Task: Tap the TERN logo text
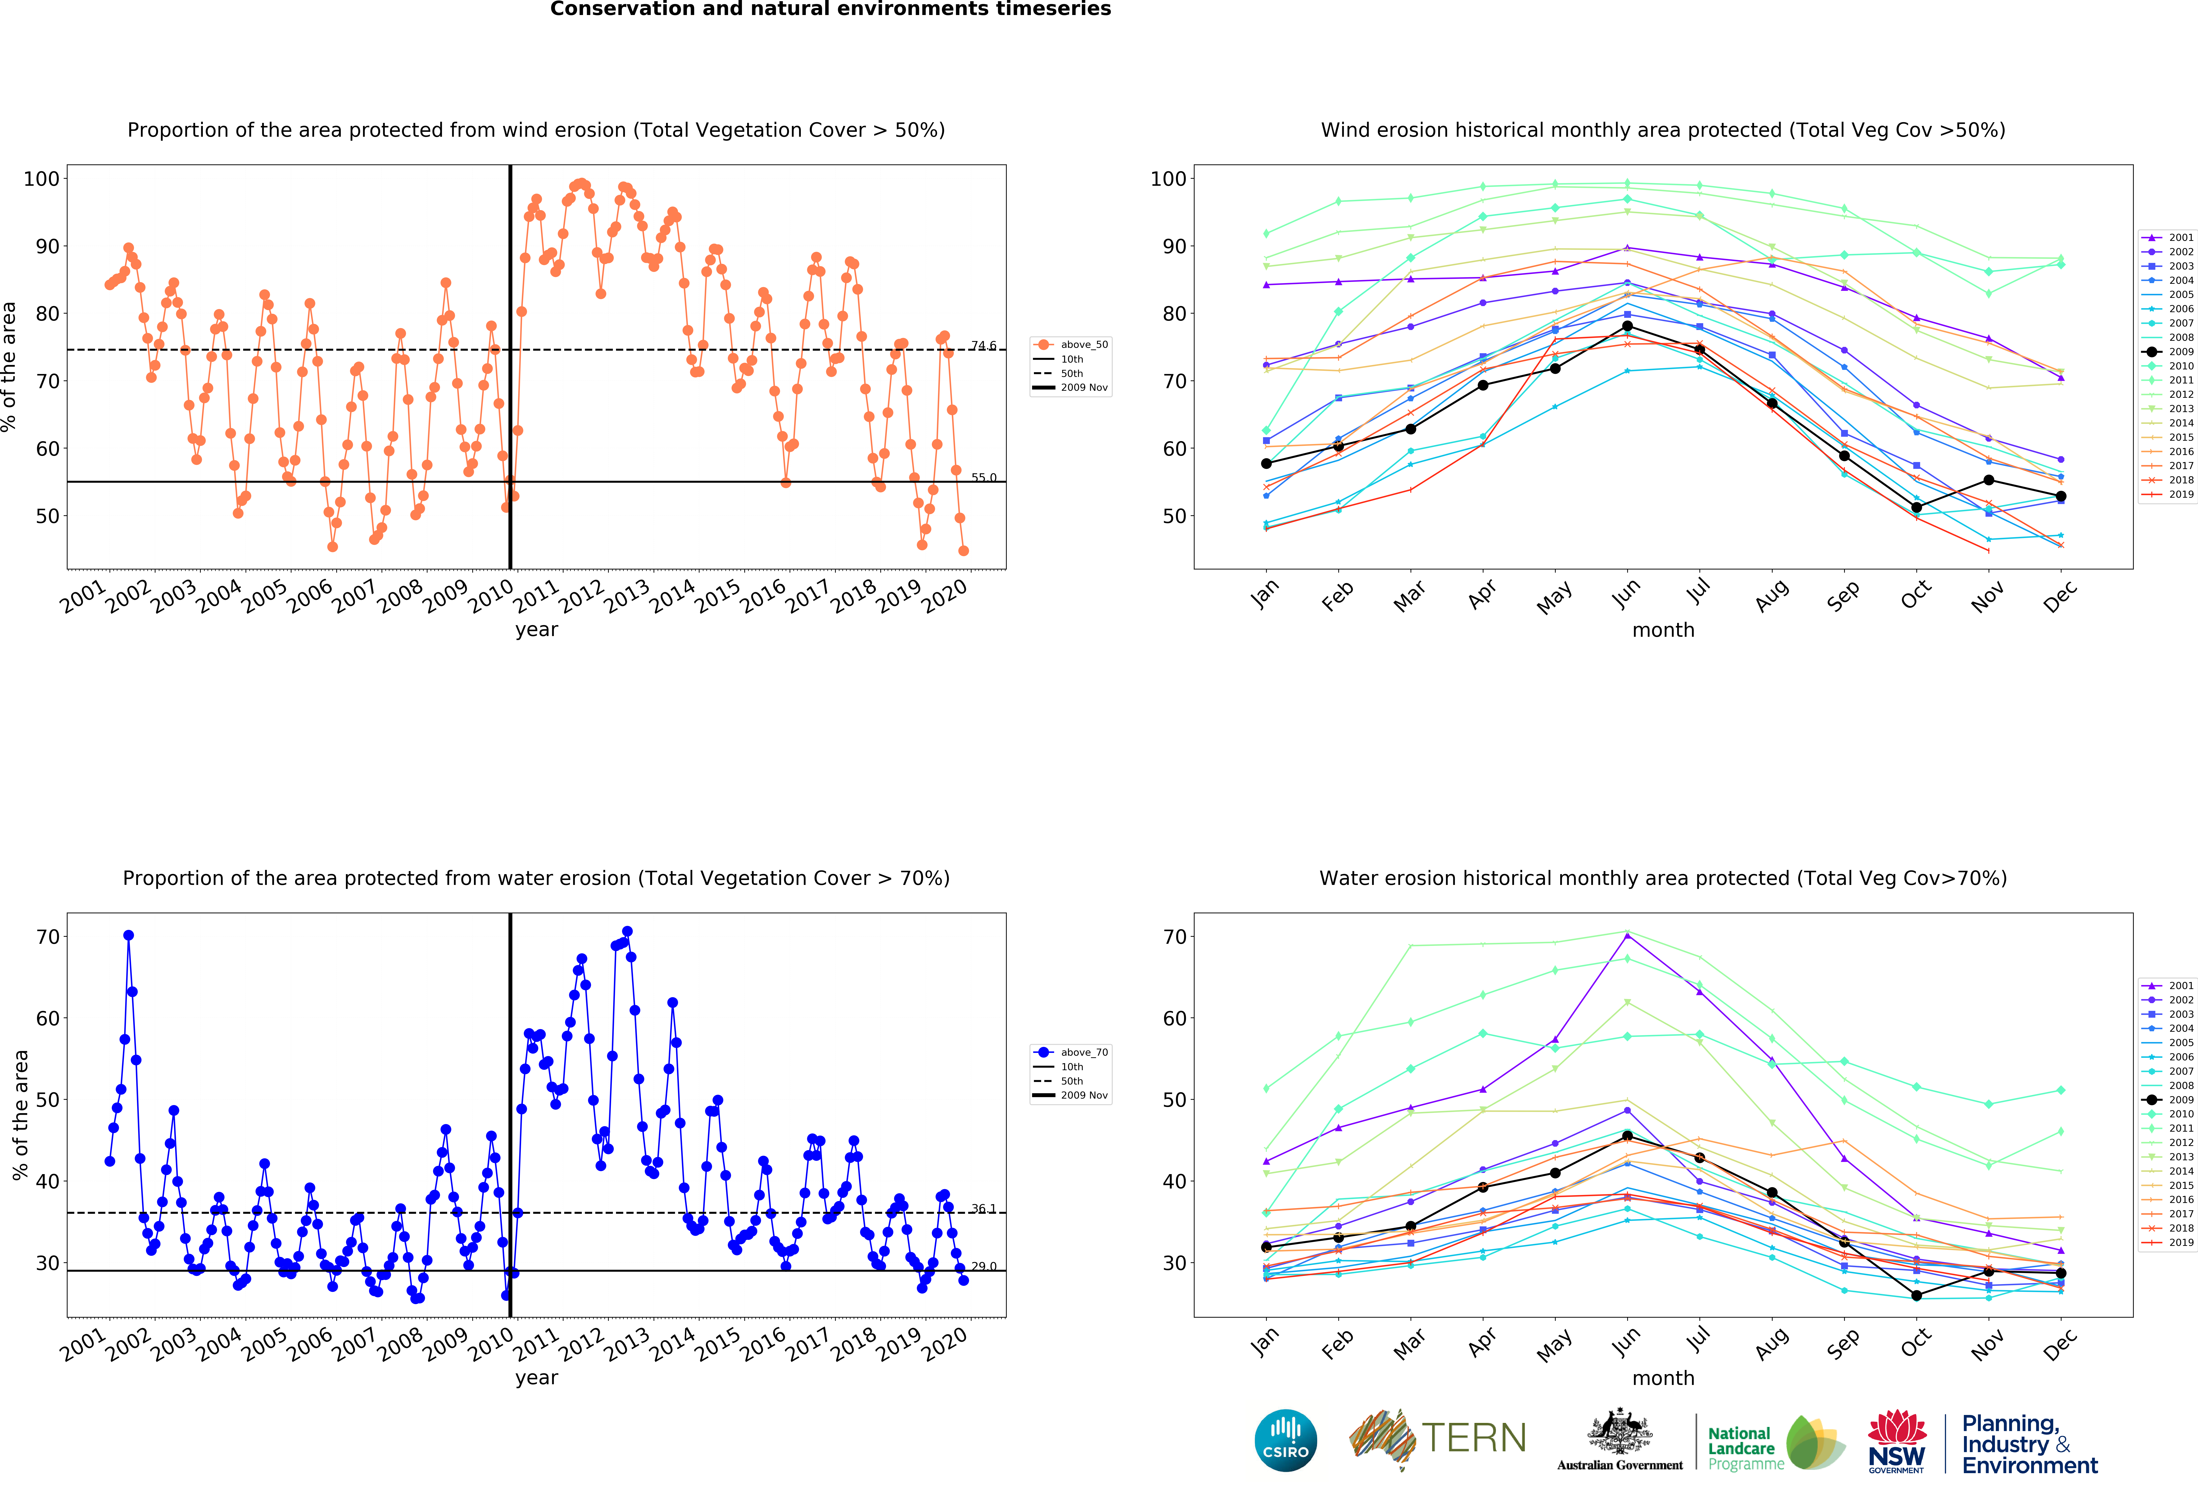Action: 1474,1438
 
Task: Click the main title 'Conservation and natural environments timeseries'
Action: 830,9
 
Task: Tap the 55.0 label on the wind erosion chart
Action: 984,478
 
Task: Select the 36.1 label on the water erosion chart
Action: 984,1209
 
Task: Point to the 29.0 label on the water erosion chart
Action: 984,1266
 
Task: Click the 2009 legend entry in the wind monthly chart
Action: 2169,352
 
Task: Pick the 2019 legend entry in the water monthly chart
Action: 2169,1243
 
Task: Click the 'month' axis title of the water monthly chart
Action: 1663,1378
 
